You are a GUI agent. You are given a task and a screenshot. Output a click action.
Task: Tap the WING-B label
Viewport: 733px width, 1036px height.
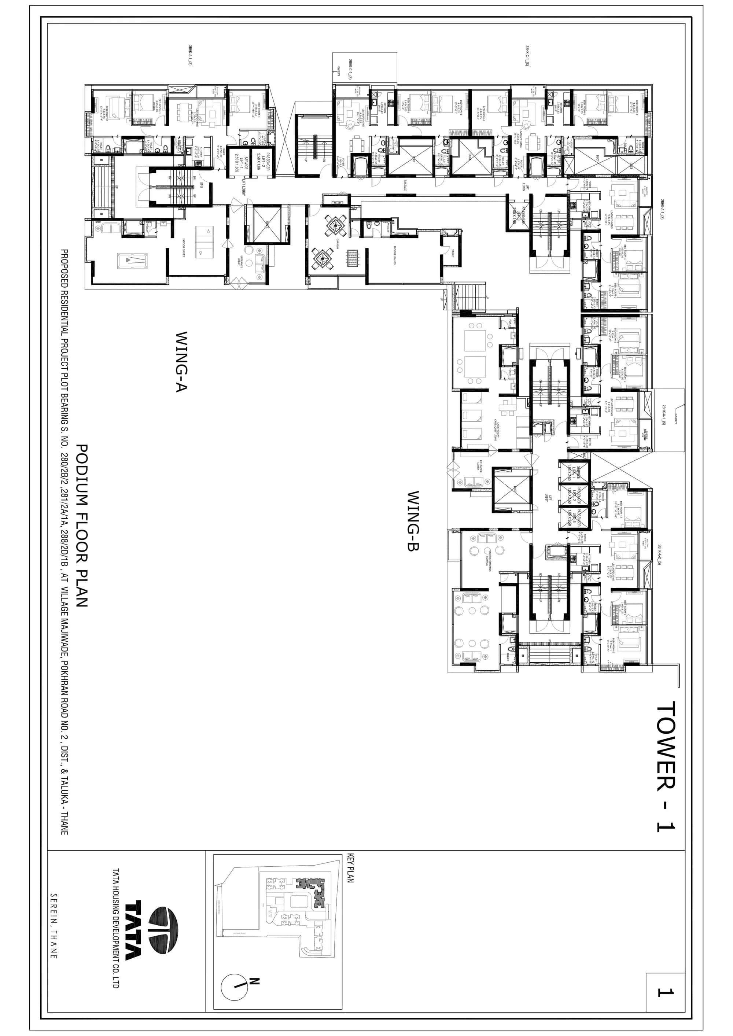tap(413, 521)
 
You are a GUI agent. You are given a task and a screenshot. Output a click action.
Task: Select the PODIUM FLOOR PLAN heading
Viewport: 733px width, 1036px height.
tap(82, 526)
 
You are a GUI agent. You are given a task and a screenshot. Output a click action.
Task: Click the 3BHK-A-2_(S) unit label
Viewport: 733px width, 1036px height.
tap(659, 555)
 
